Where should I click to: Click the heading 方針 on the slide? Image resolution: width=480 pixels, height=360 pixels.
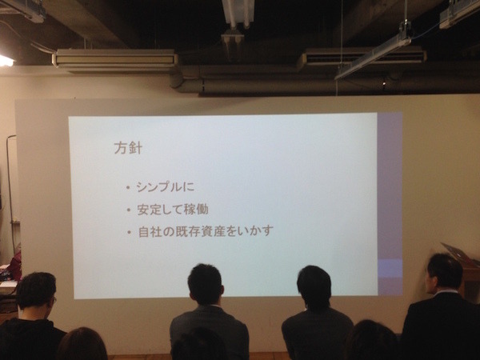coord(126,148)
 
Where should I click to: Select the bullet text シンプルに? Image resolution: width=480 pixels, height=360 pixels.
coord(166,188)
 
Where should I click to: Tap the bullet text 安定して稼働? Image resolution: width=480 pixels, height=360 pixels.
coord(174,211)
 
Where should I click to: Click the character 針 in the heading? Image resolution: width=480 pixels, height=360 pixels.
coord(135,148)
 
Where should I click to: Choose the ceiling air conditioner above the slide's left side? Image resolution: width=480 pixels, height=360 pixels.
coord(115,59)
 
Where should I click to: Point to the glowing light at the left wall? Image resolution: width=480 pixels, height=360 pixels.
coord(5,60)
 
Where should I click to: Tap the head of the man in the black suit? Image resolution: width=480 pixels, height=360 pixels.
coord(444,271)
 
